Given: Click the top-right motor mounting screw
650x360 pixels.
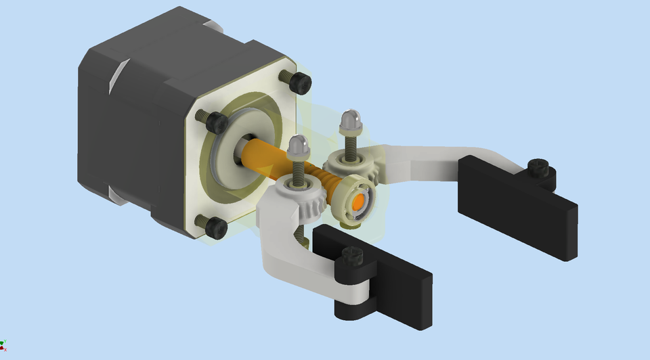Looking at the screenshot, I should [299, 83].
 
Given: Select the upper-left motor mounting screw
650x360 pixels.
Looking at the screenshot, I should [215, 122].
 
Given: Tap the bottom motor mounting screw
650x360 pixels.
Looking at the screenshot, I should [215, 227].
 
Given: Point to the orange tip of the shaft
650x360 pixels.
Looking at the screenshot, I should [358, 202].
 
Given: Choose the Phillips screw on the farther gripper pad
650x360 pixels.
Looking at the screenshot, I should [538, 166].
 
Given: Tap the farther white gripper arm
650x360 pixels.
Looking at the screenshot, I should [433, 162].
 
